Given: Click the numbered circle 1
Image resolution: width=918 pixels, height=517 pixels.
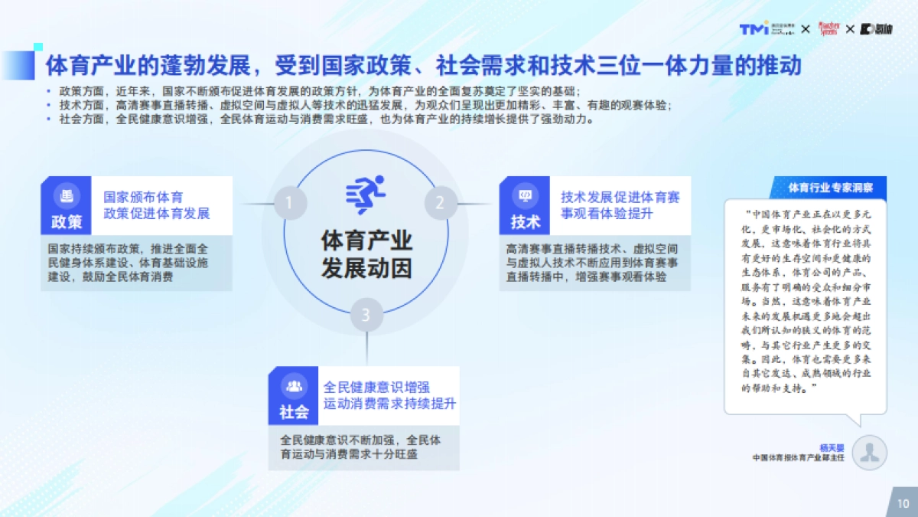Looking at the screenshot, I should point(289,203).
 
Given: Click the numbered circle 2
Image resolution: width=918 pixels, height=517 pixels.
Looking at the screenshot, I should point(440,203).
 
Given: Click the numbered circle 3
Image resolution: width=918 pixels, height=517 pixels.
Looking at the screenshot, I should point(366,314).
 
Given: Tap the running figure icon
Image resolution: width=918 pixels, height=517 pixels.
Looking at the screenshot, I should point(366,195).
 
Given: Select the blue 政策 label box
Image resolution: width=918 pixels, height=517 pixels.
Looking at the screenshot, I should point(67,205).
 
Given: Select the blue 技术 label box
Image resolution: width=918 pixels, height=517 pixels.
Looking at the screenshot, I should point(526,205).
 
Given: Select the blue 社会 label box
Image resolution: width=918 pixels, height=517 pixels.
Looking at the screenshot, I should point(294,395).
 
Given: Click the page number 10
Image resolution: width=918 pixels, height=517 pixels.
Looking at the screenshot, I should point(903,503).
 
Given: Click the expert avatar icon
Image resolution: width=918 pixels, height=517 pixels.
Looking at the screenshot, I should point(868,453).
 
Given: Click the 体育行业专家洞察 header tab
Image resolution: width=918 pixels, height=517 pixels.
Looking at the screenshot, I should point(836,187).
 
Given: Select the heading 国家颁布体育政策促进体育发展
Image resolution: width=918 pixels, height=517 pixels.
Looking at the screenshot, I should point(157,205).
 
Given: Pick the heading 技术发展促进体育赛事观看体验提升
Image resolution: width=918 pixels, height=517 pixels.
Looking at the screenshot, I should point(620,205).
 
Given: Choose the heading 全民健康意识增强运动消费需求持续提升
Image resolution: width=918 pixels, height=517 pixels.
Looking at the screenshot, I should point(389,395).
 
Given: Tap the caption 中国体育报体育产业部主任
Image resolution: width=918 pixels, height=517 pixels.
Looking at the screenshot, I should point(798,458).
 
